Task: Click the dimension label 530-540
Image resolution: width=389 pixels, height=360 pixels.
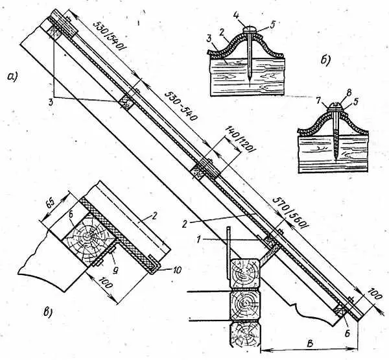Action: click(x=180, y=106)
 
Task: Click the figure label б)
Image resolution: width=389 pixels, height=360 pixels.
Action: click(x=325, y=60)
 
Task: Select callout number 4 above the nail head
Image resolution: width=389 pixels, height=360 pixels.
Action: click(x=237, y=16)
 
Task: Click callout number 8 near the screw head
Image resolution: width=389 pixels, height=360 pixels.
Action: click(x=349, y=93)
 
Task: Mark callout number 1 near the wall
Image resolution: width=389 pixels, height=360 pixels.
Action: click(x=198, y=240)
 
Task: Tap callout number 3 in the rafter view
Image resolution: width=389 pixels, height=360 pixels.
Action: click(x=51, y=102)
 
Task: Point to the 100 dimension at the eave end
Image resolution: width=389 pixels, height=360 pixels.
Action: click(x=373, y=294)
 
